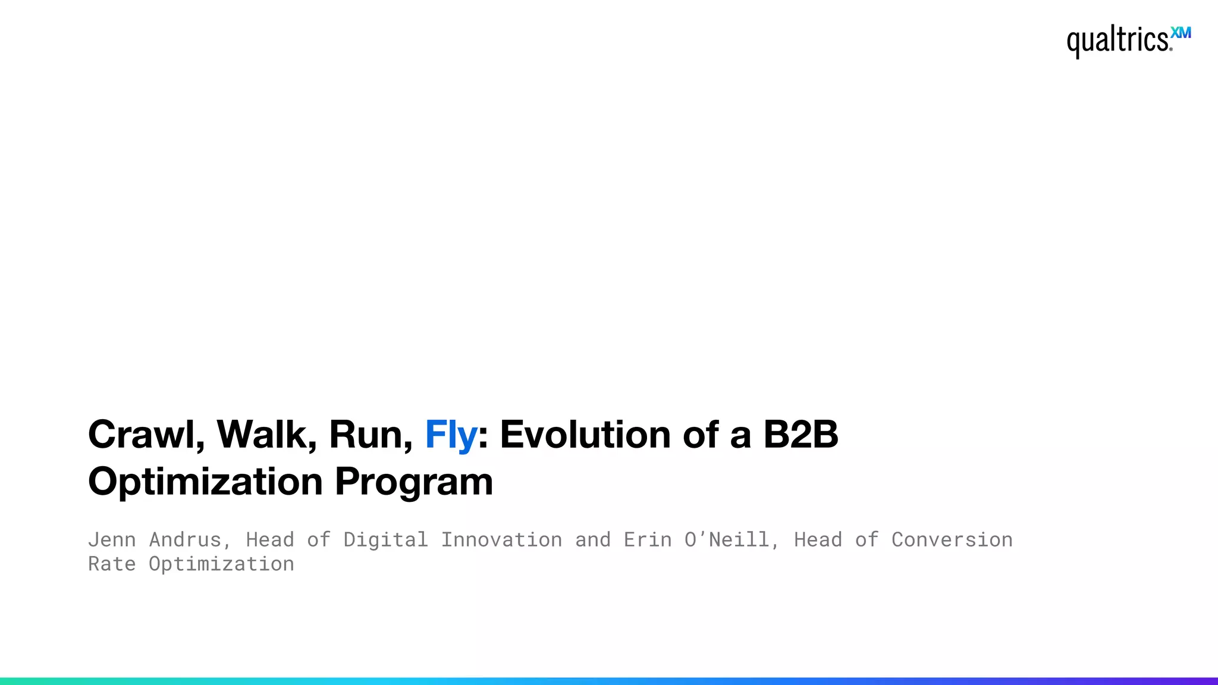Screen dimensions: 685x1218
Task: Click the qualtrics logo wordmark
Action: [x=1117, y=40]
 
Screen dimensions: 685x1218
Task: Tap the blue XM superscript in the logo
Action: [x=1181, y=33]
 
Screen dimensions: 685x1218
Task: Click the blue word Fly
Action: [x=451, y=435]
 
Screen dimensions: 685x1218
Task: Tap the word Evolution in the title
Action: [x=585, y=434]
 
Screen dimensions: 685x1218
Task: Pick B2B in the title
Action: [x=801, y=434]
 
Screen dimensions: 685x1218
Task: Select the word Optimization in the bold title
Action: [x=205, y=482]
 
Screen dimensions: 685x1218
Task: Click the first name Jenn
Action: [x=112, y=540]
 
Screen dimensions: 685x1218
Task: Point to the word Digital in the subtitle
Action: [x=385, y=540]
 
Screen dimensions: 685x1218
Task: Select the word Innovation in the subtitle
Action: [x=501, y=540]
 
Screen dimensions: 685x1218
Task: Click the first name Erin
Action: [x=647, y=540]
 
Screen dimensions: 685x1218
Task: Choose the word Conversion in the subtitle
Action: [x=952, y=540]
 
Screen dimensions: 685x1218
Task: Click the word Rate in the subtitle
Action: [x=112, y=564]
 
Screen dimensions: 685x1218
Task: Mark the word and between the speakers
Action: [x=592, y=540]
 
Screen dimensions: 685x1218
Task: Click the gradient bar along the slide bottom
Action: [x=609, y=681]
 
